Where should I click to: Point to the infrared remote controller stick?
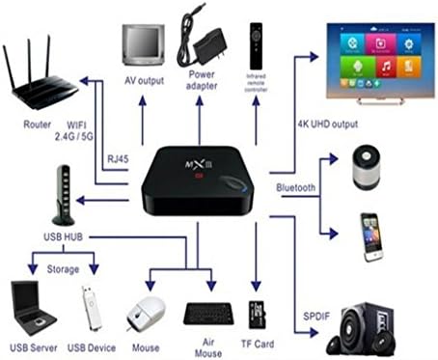[257, 43]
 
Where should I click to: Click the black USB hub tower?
[65, 194]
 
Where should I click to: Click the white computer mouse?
[146, 315]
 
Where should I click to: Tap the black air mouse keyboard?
[205, 315]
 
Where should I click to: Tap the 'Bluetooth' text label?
[294, 188]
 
